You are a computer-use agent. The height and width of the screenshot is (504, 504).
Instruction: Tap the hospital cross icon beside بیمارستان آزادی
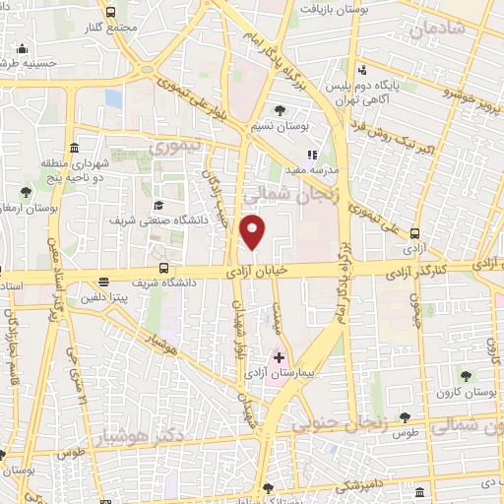(x=279, y=356)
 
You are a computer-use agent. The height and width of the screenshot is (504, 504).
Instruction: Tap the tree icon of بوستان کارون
(x=466, y=375)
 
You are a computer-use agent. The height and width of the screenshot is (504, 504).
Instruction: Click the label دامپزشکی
(x=351, y=485)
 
